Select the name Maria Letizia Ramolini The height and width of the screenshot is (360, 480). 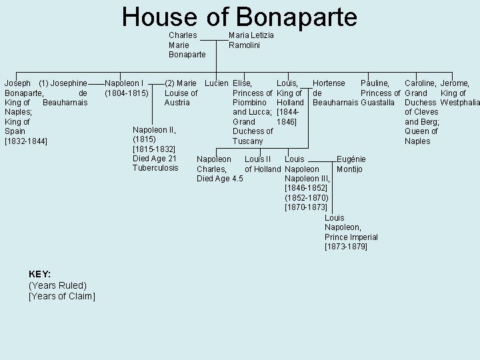(x=251, y=40)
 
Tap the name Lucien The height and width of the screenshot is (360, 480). (x=216, y=83)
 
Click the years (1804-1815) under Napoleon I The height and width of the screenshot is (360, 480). (x=127, y=93)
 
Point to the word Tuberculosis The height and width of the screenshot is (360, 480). (x=155, y=168)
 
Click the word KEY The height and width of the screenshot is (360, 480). (x=40, y=274)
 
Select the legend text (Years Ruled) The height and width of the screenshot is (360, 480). (x=57, y=285)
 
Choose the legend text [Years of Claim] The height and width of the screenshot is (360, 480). (x=62, y=296)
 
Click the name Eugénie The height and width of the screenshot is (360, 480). (x=351, y=159)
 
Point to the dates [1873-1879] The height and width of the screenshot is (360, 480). (x=345, y=247)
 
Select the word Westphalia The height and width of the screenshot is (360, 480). (x=460, y=103)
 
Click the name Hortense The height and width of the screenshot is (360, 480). (x=329, y=83)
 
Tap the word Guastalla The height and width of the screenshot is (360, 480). (x=381, y=103)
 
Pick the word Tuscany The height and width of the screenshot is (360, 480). (x=247, y=141)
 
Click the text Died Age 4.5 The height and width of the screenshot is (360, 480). (x=219, y=179)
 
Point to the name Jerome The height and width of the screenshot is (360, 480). (x=455, y=83)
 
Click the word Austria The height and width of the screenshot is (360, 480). (x=177, y=103)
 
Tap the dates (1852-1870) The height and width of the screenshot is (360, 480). (x=306, y=198)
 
